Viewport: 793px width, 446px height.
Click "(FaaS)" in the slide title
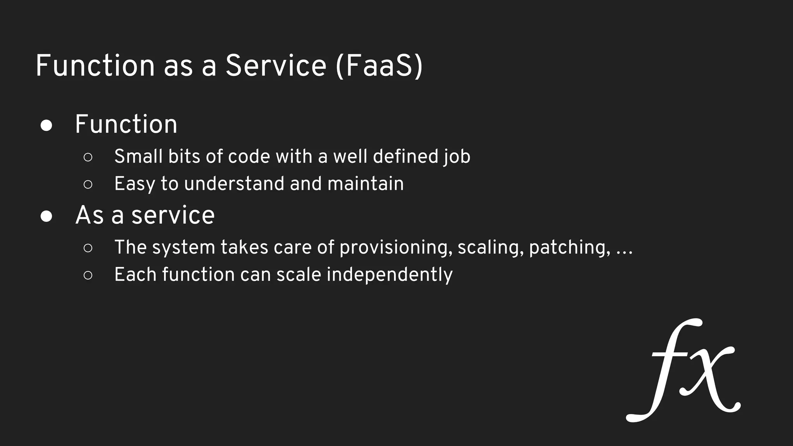click(379, 66)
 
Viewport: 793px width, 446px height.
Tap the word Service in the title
click(276, 66)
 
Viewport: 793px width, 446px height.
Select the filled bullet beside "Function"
click(46, 126)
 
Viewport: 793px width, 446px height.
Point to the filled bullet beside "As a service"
click(46, 216)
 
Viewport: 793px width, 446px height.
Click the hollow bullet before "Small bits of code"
click(88, 157)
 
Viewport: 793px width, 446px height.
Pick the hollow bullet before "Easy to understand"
click(88, 184)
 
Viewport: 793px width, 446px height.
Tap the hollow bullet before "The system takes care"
click(88, 248)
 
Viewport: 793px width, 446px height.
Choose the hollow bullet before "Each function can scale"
click(88, 275)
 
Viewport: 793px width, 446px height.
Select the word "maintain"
click(366, 184)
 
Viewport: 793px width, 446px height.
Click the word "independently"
click(390, 275)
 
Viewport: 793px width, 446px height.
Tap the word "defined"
click(405, 156)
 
